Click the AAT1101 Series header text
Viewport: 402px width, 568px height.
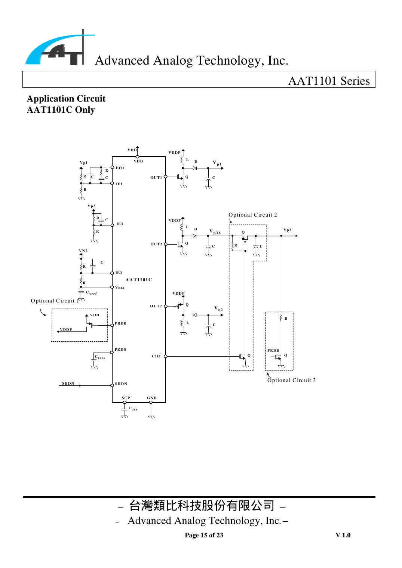point(329,81)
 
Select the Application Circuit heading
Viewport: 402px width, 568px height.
point(66,99)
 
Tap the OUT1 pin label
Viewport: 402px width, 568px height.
point(156,178)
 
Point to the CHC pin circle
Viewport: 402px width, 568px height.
point(166,356)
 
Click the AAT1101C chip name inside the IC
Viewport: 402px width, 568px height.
point(139,280)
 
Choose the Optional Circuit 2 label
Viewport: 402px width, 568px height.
point(253,215)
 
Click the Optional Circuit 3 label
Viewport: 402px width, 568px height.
point(291,380)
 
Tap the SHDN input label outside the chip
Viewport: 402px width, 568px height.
point(68,384)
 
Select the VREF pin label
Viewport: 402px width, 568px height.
point(120,288)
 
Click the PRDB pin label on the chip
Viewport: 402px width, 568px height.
point(120,323)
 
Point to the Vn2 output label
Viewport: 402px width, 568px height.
point(218,309)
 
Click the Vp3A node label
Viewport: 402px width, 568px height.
point(215,232)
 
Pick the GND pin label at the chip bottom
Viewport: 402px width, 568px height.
point(152,398)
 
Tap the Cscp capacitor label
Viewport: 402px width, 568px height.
point(133,409)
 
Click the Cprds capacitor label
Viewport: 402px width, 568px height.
point(100,357)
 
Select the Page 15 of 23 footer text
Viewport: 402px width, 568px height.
point(204,535)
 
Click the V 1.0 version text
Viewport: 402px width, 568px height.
point(343,535)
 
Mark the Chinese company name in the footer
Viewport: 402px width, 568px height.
point(202,506)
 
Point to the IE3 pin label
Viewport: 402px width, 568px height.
point(120,224)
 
